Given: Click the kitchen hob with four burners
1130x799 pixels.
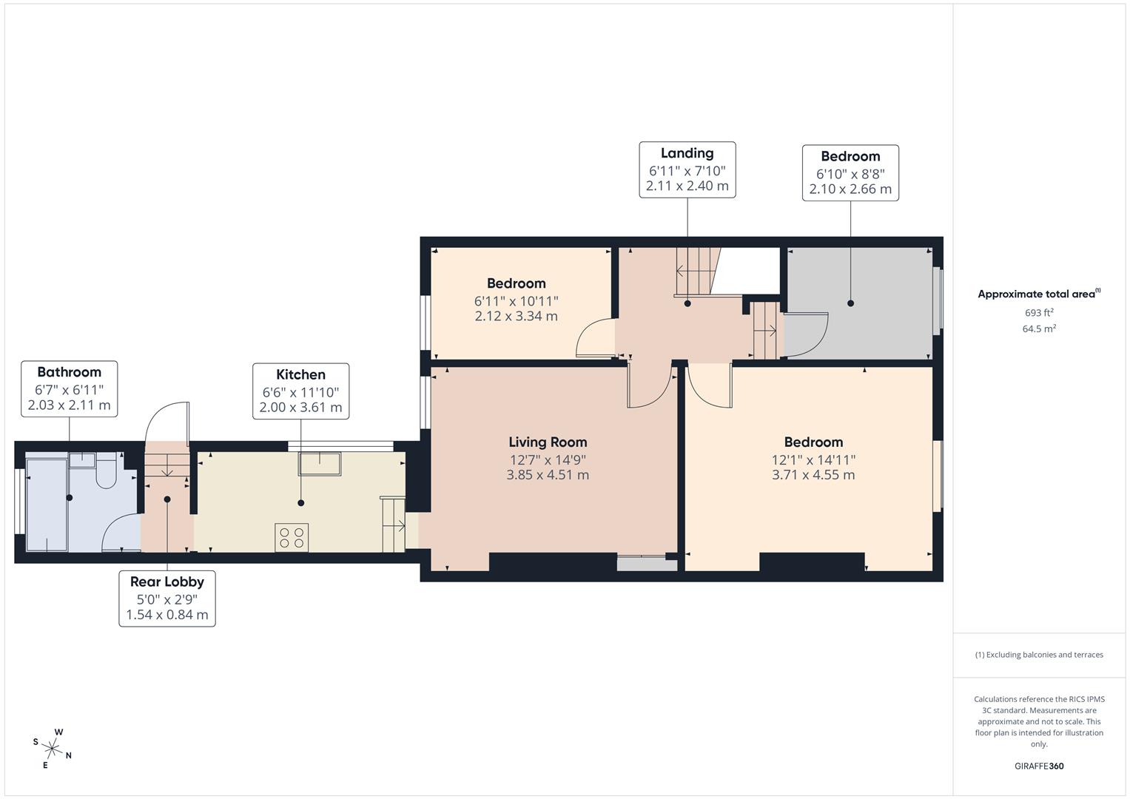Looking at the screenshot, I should pyautogui.click(x=292, y=537).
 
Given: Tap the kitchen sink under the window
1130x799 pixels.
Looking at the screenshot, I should pyautogui.click(x=320, y=464).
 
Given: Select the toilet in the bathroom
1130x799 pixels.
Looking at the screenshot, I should pyautogui.click(x=107, y=474).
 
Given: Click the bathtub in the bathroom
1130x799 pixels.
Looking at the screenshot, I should pyautogui.click(x=47, y=504).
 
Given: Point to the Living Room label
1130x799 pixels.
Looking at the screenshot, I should pyautogui.click(x=548, y=442).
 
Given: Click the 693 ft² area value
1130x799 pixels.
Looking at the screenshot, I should pyautogui.click(x=1039, y=313).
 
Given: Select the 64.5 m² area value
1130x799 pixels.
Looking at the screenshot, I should pyautogui.click(x=1039, y=329).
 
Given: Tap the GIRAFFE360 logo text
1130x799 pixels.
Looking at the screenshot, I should pyautogui.click(x=1038, y=766).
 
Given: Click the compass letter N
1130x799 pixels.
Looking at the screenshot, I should pyautogui.click(x=69, y=755).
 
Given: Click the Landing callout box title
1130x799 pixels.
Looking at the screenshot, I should pyautogui.click(x=687, y=153).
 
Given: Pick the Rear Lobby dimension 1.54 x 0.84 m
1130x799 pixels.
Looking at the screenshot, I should pyautogui.click(x=167, y=615).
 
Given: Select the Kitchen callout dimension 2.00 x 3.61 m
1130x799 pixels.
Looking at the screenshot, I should pyautogui.click(x=300, y=408).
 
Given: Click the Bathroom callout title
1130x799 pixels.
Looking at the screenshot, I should pyautogui.click(x=69, y=372).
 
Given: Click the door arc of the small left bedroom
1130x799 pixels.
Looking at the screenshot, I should pyautogui.click(x=593, y=338).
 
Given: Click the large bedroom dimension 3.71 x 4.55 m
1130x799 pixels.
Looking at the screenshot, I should pyautogui.click(x=813, y=475).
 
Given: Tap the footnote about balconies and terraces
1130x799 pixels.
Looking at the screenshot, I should pyautogui.click(x=1039, y=655).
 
